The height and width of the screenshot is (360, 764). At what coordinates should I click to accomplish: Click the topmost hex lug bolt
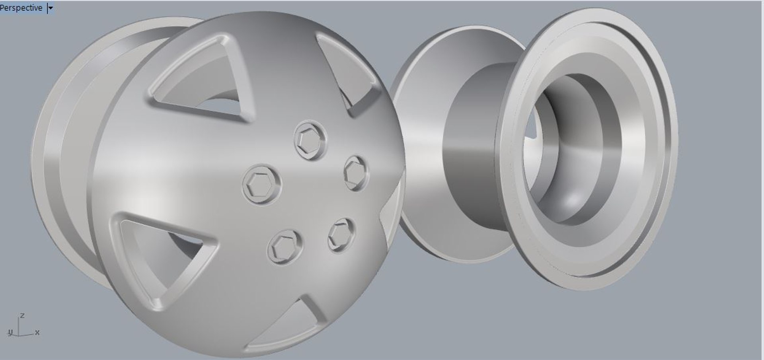310,140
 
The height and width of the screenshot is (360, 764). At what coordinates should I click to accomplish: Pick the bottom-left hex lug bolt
284,247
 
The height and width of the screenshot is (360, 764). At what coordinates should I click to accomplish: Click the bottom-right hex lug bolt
341,235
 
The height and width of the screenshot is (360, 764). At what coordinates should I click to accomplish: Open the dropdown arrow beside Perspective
50,8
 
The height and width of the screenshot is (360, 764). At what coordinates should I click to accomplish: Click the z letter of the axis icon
22,316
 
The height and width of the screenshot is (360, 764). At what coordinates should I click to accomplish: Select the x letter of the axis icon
37,333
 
